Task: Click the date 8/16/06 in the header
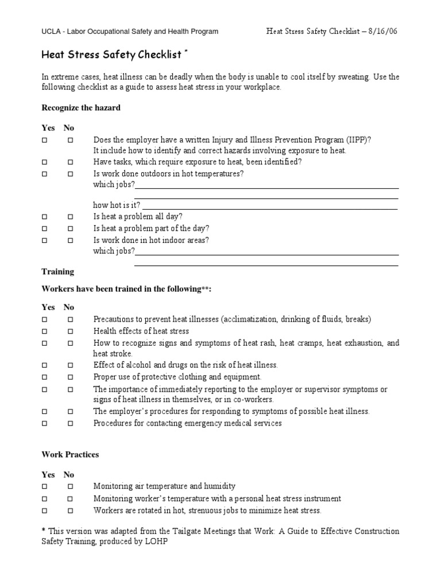(x=381, y=31)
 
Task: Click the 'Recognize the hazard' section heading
(x=81, y=107)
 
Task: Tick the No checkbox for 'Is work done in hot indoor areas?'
(x=69, y=241)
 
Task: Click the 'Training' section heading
(x=58, y=272)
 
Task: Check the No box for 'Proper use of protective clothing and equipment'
(x=69, y=377)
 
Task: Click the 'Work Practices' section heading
(x=70, y=454)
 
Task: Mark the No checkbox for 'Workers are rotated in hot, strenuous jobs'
(x=69, y=510)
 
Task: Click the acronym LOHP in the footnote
(x=158, y=541)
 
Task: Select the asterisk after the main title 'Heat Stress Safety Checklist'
(x=185, y=52)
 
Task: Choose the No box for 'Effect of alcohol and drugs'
(x=69, y=365)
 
